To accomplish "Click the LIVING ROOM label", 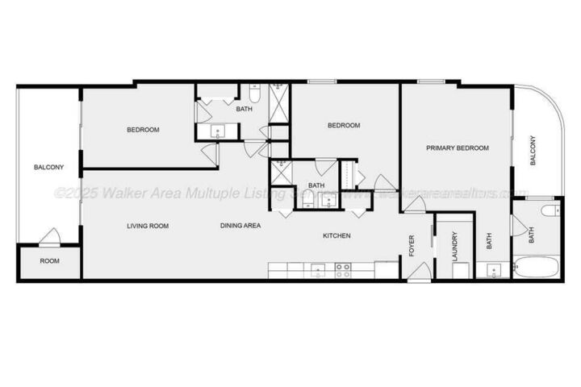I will coord(148,226).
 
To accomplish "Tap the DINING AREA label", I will coord(240,226).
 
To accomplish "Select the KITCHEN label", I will coord(336,235).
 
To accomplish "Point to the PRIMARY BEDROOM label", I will coord(458,148).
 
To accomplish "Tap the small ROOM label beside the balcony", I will coord(49,261).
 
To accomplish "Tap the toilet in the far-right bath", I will coord(549,212).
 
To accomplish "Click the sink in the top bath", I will coord(216,131).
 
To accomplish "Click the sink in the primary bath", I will coord(491,269).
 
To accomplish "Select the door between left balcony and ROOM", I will coord(49,238).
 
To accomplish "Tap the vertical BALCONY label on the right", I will coord(533,151).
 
